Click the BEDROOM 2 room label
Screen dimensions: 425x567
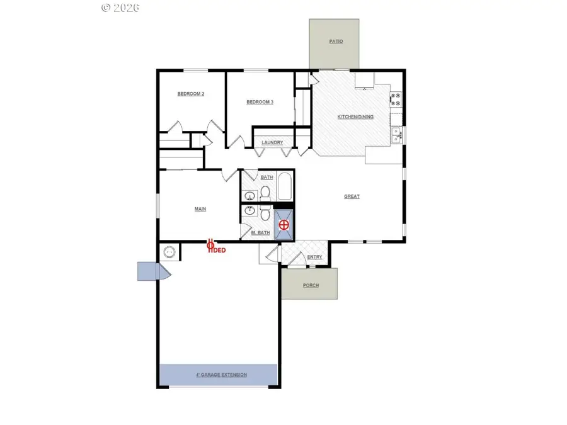pyautogui.click(x=190, y=94)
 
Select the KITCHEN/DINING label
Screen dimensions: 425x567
pyautogui.click(x=355, y=117)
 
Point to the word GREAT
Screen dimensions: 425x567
pyautogui.click(x=352, y=196)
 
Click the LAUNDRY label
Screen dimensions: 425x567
pyautogui.click(x=272, y=143)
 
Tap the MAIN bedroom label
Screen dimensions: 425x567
pyautogui.click(x=200, y=209)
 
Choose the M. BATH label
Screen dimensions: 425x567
pyautogui.click(x=260, y=233)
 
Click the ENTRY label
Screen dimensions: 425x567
pyautogui.click(x=314, y=257)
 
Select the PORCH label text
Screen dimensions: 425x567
pyautogui.click(x=310, y=285)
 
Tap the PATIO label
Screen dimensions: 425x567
pyautogui.click(x=336, y=42)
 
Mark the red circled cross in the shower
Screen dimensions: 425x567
pyautogui.click(x=284, y=224)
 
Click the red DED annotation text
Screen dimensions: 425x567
pyautogui.click(x=218, y=250)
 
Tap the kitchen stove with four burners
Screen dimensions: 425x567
pyautogui.click(x=397, y=98)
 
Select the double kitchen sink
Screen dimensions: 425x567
pyautogui.click(x=397, y=134)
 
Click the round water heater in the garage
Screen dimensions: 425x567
pyautogui.click(x=169, y=252)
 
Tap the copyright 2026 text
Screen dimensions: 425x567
pyautogui.click(x=120, y=8)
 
